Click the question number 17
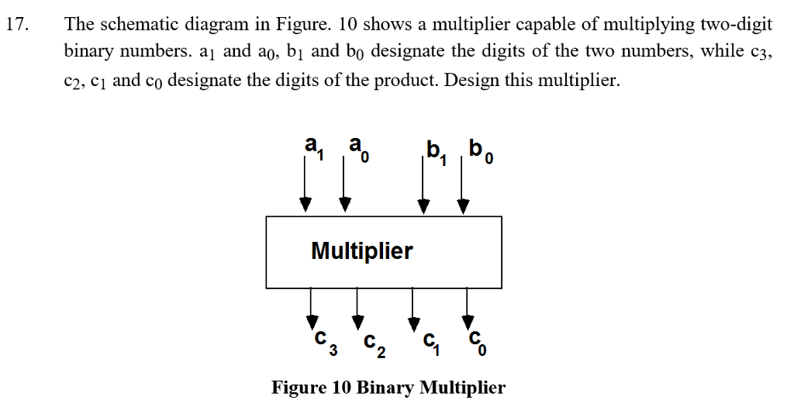pyautogui.click(x=17, y=24)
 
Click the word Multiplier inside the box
pyautogui.click(x=361, y=251)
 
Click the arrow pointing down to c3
pyautogui.click(x=312, y=306)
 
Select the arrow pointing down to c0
pyautogui.click(x=468, y=306)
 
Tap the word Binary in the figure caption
pyautogui.click(x=384, y=388)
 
